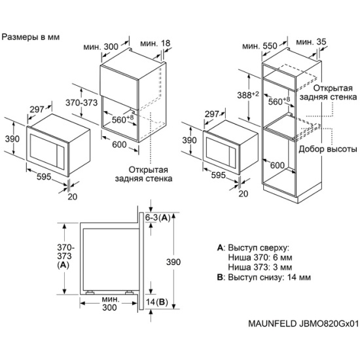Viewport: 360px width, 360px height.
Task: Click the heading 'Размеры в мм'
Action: pyautogui.click(x=31, y=37)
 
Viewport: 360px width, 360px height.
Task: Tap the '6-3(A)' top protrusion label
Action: pyautogui.click(x=157, y=217)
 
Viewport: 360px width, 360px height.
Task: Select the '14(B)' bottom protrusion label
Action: pyautogui.click(x=157, y=302)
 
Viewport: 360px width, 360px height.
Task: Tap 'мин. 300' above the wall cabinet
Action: pyautogui.click(x=101, y=47)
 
